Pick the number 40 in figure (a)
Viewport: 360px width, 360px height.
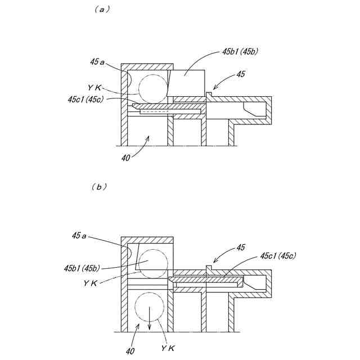[x=126, y=158]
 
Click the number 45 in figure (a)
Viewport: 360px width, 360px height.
[x=241, y=74]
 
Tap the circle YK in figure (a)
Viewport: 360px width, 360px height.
[x=152, y=88]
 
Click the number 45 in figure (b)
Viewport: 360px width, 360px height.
[x=240, y=247]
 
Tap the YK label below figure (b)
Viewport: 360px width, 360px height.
[x=168, y=349]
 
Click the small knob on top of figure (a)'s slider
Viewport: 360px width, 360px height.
[x=208, y=93]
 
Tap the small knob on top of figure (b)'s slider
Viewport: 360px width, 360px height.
[x=208, y=267]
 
